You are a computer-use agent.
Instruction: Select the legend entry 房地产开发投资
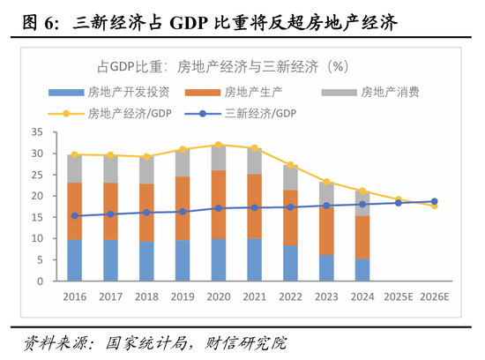pos(120,92)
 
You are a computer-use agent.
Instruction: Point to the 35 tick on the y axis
pos(37,131)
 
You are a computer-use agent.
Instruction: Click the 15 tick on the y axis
pos(37,217)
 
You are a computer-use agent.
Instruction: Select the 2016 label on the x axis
pos(74,297)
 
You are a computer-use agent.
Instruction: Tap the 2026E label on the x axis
pos(433,297)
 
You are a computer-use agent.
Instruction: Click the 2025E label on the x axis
pos(397,297)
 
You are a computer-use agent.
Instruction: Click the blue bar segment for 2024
pos(362,270)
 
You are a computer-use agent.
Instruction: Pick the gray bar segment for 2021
pos(254,161)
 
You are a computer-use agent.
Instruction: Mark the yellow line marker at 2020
pos(218,145)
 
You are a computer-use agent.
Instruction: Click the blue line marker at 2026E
pos(433,201)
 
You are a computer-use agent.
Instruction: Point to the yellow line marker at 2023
pos(325,182)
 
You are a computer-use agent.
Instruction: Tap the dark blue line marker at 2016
pos(74,215)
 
